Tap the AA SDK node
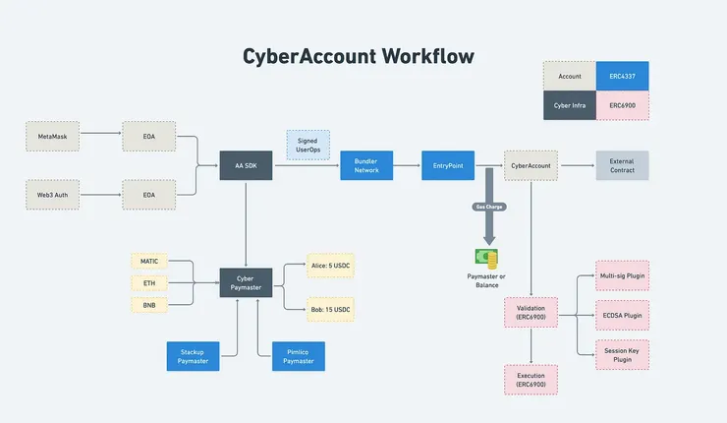(246, 165)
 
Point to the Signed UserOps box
(308, 145)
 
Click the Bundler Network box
(366, 165)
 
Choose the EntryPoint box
(448, 165)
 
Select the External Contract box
(622, 165)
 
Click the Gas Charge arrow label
(489, 208)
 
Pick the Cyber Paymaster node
(246, 283)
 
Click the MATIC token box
(149, 261)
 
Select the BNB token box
(149, 305)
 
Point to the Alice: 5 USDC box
(330, 266)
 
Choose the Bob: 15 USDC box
(330, 309)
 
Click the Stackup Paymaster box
(192, 355)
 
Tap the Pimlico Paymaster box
(299, 355)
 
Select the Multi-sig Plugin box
(622, 275)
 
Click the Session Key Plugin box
(622, 354)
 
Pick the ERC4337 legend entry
(622, 76)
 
